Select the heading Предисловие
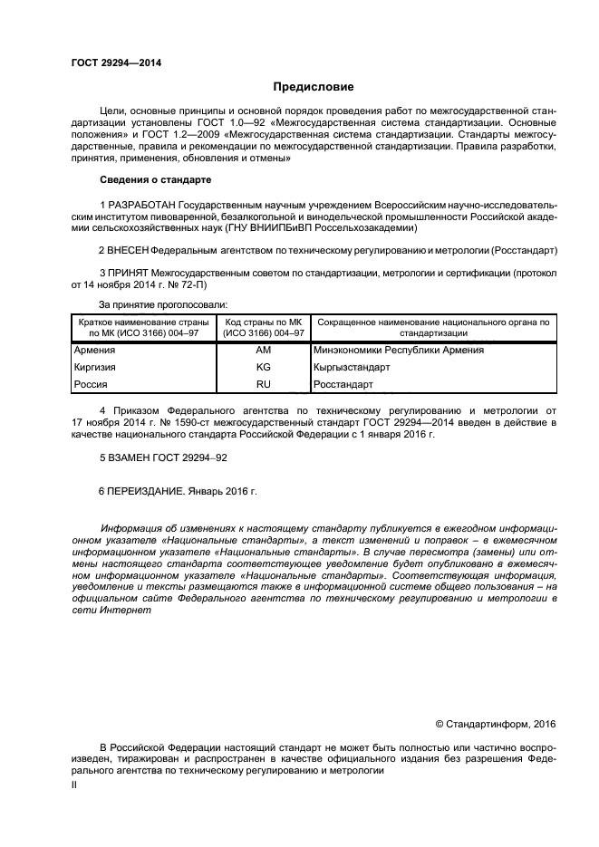point(314,87)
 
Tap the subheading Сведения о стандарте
point(155,179)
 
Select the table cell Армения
point(94,350)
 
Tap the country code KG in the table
point(264,367)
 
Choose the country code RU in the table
point(264,384)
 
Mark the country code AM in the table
point(264,350)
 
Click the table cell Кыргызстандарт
point(352,367)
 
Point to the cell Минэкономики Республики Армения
point(398,350)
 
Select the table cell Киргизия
point(95,367)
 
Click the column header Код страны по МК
point(264,322)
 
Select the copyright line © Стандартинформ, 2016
point(495,724)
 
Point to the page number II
point(74,786)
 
